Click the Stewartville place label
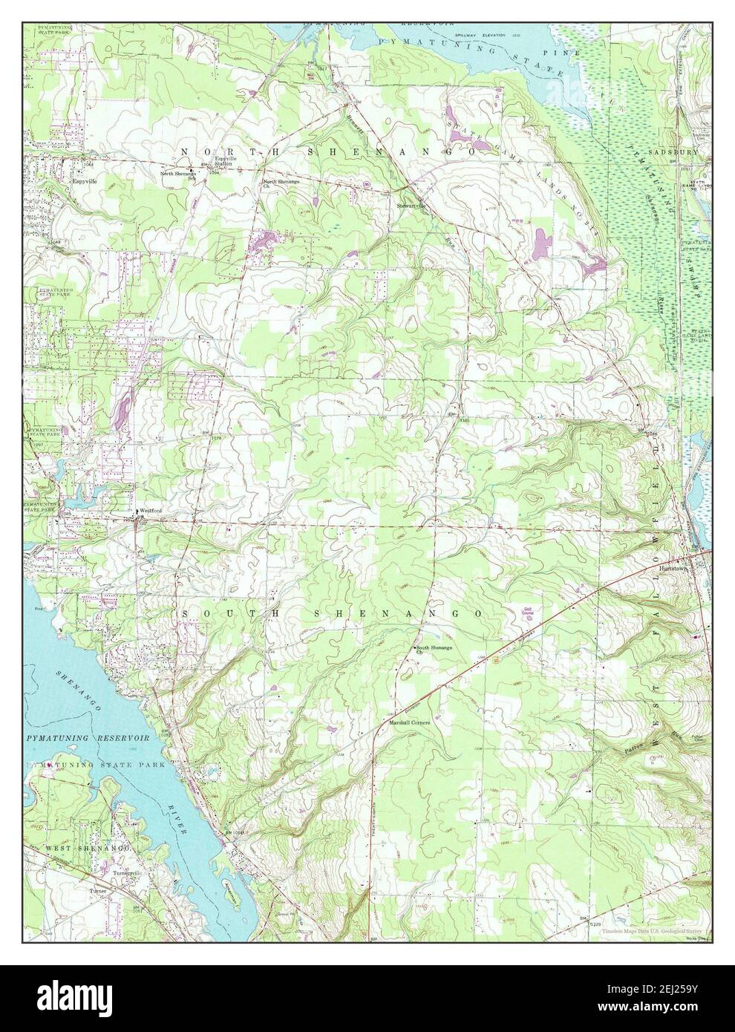[x=414, y=206]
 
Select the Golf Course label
[x=534, y=613]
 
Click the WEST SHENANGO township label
[x=89, y=848]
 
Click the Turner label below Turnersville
[x=98, y=890]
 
